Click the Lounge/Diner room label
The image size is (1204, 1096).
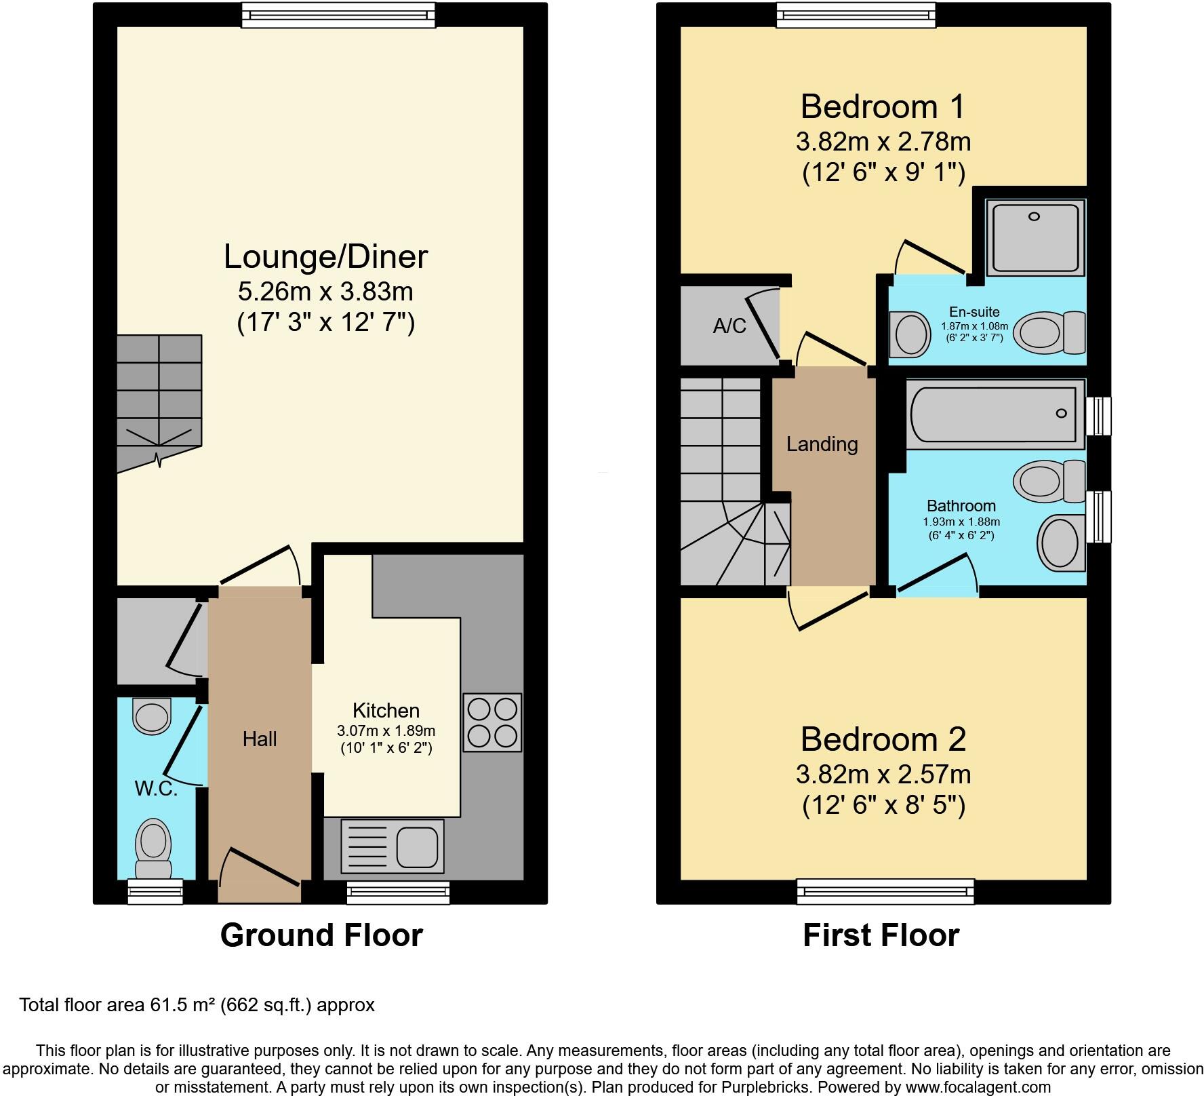[325, 257]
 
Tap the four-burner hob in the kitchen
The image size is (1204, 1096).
[492, 722]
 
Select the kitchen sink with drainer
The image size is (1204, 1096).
[393, 846]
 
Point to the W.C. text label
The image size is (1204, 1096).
[156, 788]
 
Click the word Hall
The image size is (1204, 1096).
[260, 739]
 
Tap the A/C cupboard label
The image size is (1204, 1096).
[729, 326]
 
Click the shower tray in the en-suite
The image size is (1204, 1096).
[1034, 237]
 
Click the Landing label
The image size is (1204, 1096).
[822, 444]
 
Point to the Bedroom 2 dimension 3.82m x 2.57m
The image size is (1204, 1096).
[883, 774]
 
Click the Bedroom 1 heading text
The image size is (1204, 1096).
[883, 107]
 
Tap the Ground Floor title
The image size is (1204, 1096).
[321, 935]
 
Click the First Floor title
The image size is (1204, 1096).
[881, 935]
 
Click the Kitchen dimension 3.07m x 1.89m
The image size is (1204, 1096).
[386, 731]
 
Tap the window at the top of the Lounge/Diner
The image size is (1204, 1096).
[338, 15]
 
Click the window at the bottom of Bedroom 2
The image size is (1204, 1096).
[885, 891]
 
